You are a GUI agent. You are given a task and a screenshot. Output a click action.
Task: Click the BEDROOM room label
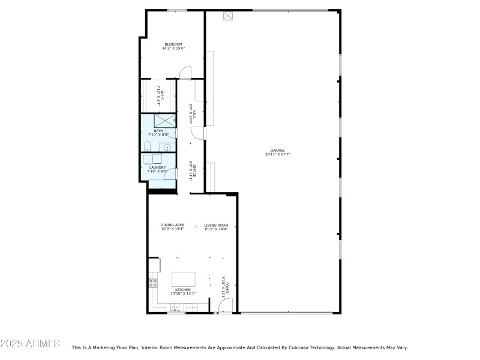tap(173, 44)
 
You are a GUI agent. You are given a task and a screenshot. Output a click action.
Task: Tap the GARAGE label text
tap(277, 150)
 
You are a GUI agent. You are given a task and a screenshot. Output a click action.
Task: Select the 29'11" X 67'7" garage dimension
tap(277, 154)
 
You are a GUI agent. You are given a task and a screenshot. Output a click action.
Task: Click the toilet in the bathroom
tap(148, 146)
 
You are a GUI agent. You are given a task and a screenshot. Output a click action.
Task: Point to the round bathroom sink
tap(167, 147)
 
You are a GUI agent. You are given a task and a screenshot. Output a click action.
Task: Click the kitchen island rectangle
tap(184, 279)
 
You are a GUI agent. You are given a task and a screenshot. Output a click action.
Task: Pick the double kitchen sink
tap(175, 307)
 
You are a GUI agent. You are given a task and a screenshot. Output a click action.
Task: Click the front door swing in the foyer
tap(224, 306)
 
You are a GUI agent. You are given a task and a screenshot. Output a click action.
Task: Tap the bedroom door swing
tap(185, 73)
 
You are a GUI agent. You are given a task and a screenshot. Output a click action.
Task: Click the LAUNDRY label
tap(157, 167)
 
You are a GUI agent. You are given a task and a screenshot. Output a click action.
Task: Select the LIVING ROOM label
tap(216, 225)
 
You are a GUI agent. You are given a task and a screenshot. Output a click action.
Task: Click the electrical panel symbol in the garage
tap(227, 16)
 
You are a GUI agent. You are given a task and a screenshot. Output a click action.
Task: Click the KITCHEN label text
tap(183, 289)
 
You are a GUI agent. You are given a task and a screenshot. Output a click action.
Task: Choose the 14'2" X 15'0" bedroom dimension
tap(173, 49)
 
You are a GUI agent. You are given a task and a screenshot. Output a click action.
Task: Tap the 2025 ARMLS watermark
tap(30, 344)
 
